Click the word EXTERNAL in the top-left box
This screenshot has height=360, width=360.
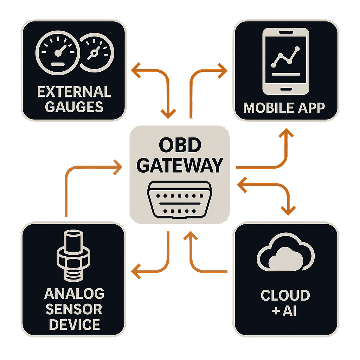click(74, 92)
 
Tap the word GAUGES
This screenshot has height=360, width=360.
click(74, 107)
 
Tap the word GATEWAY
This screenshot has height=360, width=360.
click(179, 165)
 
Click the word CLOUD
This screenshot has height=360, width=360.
click(285, 295)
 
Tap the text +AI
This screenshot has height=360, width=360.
click(285, 311)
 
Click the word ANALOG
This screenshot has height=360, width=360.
click(74, 294)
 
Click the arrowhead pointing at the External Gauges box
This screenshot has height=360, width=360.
click(135, 70)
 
